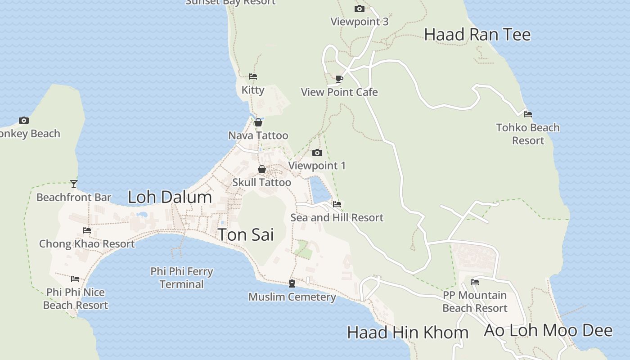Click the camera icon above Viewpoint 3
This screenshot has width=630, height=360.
tap(359, 9)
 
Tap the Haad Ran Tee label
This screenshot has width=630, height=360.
tap(477, 35)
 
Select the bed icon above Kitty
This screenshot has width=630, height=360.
tap(253, 76)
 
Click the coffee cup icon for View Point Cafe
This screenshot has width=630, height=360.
tap(339, 79)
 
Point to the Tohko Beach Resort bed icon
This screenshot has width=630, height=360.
tap(528, 114)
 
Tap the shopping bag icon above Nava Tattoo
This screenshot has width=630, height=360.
tap(258, 122)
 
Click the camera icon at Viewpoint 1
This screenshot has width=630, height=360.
tap(317, 153)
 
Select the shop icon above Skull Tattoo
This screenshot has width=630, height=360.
tap(261, 170)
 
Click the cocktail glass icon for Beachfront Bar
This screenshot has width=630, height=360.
tap(74, 184)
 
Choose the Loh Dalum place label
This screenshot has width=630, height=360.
tap(170, 197)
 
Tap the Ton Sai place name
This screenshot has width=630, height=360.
tap(246, 234)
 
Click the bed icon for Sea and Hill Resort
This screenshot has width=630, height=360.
tap(337, 204)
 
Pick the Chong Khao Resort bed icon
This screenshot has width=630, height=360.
tap(87, 231)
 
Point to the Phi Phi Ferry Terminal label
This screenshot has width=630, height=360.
tap(182, 278)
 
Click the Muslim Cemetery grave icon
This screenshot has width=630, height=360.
tap(292, 283)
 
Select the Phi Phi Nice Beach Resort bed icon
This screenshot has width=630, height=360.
tap(75, 279)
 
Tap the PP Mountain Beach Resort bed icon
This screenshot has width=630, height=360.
tap(474, 283)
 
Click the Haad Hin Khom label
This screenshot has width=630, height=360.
tap(408, 333)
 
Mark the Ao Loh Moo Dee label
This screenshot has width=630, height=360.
tap(548, 330)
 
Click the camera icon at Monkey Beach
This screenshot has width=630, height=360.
tap(24, 121)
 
